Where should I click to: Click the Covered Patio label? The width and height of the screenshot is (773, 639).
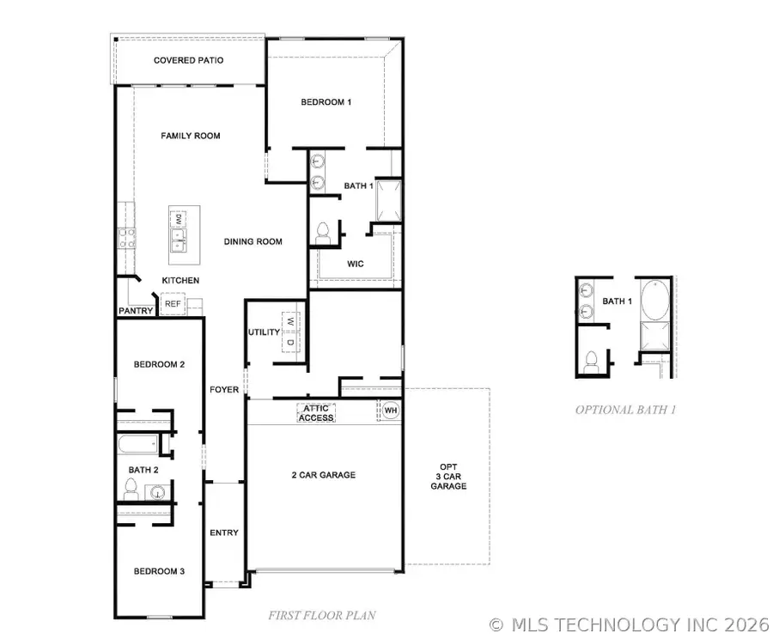coord(188,60)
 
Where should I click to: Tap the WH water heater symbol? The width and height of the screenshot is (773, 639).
coord(391,411)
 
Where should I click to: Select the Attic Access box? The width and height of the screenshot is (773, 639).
coord(316,413)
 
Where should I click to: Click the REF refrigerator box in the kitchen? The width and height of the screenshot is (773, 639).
coord(173,304)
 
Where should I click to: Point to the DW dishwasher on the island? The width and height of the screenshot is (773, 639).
coord(179,219)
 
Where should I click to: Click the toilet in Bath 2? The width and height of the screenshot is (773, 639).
coord(131,489)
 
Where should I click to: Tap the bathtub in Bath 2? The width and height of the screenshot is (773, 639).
coord(138,444)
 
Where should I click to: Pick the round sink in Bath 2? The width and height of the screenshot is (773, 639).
coord(157,492)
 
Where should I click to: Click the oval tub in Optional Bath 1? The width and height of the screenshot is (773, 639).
coord(654,299)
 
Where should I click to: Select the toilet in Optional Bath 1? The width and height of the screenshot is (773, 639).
coord(591,362)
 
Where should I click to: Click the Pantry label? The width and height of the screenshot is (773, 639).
coord(136,311)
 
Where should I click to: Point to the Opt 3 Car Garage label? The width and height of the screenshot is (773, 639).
coord(448,477)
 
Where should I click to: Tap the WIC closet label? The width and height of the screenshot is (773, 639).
coord(356,264)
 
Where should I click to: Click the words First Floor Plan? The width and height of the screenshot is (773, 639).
coord(322,615)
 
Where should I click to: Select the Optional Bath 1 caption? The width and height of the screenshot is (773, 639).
coord(625,410)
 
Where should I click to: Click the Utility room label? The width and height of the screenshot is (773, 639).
coord(264,332)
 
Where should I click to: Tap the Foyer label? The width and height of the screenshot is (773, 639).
coord(224,390)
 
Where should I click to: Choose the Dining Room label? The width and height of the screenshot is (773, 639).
coord(253,241)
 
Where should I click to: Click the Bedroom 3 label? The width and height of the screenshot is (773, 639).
coord(159,571)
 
